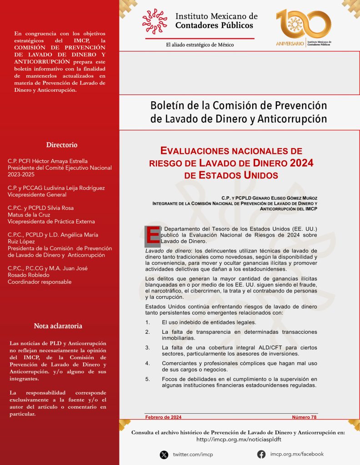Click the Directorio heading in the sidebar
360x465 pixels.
pos(61,145)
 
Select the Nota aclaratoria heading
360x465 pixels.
pos(58,326)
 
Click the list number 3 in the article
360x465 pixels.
pos(148,347)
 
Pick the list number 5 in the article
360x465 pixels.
pos(148,379)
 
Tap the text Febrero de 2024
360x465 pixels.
pos(163,417)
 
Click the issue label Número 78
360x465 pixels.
pos(304,417)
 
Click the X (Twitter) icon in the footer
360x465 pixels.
pos(164,454)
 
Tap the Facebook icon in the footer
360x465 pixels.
pos(261,454)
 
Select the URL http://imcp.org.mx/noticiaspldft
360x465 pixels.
pos(238,440)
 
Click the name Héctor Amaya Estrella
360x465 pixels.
pos(62,161)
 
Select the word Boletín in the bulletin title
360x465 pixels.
pos(167,106)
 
